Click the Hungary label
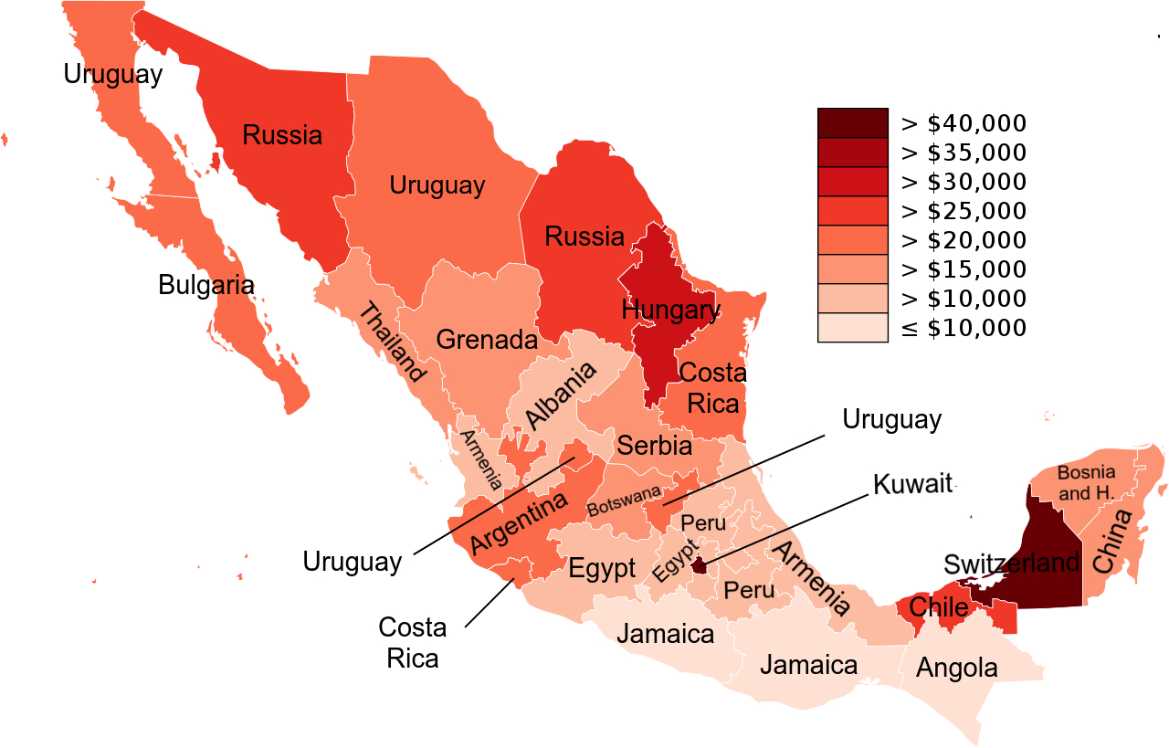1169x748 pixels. pos(670,310)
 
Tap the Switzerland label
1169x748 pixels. pos(1011,563)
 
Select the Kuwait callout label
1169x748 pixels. pos(912,483)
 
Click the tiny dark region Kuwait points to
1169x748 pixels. pos(700,567)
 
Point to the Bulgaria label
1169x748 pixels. pos(205,284)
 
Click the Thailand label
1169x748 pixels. pos(392,342)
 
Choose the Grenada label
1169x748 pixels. pos(486,340)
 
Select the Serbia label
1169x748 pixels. pos(655,446)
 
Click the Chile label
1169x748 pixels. pos(939,607)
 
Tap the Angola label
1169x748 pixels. pos(956,668)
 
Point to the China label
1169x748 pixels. pos(1111,542)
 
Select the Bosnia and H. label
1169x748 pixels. pos(1086,483)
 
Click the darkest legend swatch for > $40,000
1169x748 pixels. pos(852,123)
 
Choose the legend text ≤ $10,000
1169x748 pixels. pos(964,328)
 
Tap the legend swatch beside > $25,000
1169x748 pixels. pos(852,211)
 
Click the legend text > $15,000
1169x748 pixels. pos(964,269)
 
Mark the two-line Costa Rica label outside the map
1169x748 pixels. pos(413,643)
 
